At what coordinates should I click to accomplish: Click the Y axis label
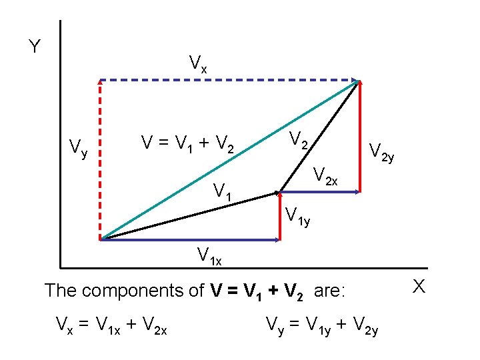[x=35, y=47]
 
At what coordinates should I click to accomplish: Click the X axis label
[x=419, y=287]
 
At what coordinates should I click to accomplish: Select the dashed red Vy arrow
[x=100, y=160]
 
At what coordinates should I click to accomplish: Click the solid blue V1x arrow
[x=190, y=239]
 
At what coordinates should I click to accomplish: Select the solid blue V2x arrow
[x=320, y=192]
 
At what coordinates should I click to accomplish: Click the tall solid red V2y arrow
[x=360, y=137]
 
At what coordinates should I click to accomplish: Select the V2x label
[x=327, y=177]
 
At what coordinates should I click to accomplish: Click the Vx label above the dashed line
[x=198, y=64]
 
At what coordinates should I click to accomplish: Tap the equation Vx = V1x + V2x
[x=111, y=326]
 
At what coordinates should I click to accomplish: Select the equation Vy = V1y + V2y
[x=322, y=326]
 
